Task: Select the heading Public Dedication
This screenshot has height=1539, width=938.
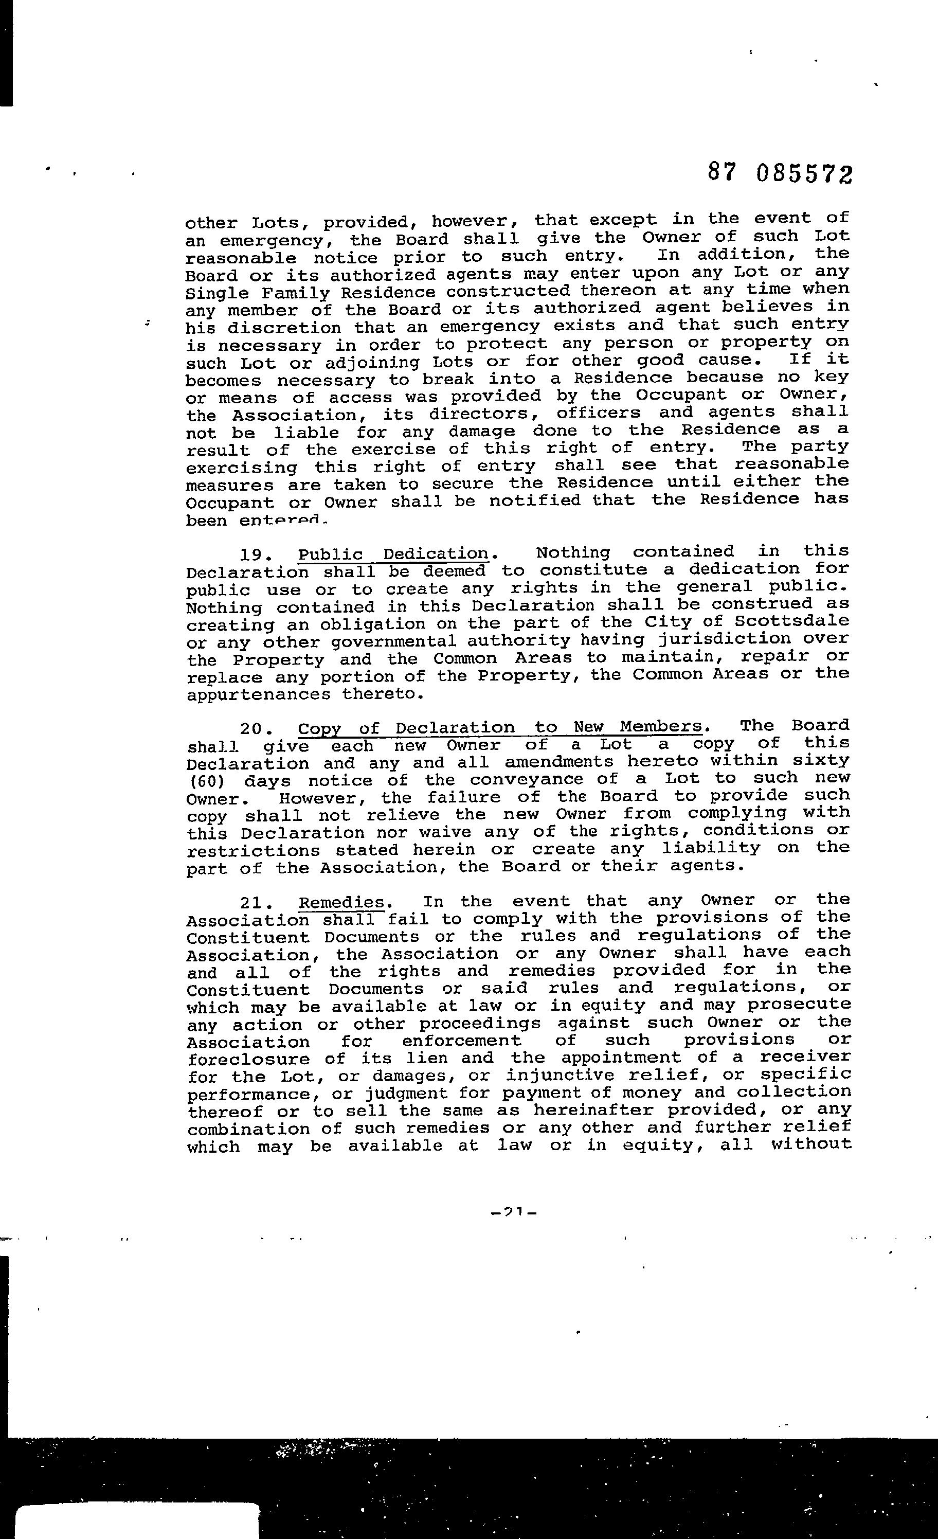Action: coord(393,554)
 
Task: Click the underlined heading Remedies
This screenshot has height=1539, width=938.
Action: coord(341,903)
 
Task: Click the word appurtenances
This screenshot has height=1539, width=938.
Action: coord(259,694)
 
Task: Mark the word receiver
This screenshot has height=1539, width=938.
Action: coord(805,1057)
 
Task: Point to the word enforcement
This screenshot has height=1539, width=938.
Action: coord(461,1041)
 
